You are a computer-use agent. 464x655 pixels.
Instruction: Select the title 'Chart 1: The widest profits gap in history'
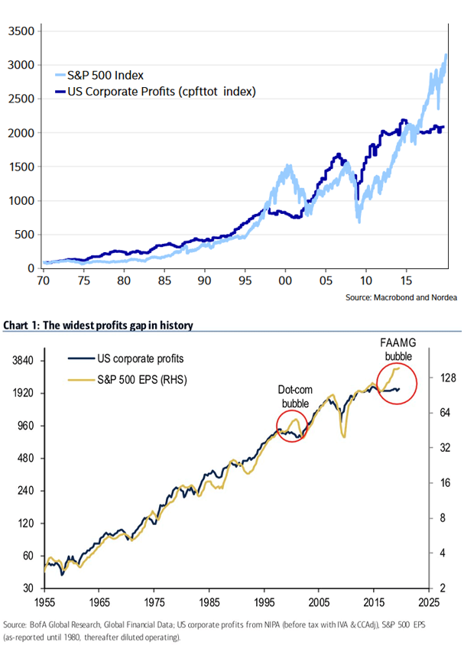coord(98,326)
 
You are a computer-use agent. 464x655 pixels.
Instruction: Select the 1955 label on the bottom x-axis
coord(45,601)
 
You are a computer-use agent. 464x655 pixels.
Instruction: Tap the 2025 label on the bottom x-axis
coord(429,601)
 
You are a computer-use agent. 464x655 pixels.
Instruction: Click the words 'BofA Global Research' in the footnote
coord(60,624)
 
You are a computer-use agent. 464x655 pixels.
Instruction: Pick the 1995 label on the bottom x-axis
coord(264,601)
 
